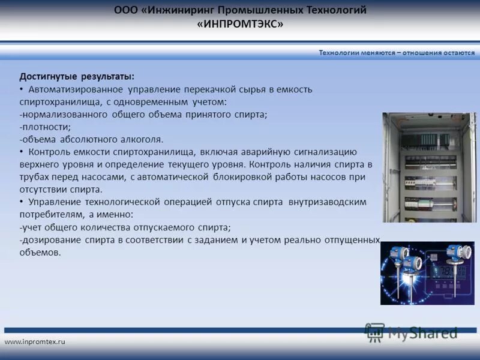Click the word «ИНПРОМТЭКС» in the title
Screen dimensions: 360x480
point(240,24)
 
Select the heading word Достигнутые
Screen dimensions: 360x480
point(47,77)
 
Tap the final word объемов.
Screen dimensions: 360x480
point(40,253)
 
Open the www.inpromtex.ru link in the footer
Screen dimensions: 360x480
point(35,341)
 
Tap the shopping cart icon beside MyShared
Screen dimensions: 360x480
point(375,332)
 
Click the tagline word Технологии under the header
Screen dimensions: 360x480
point(338,53)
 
